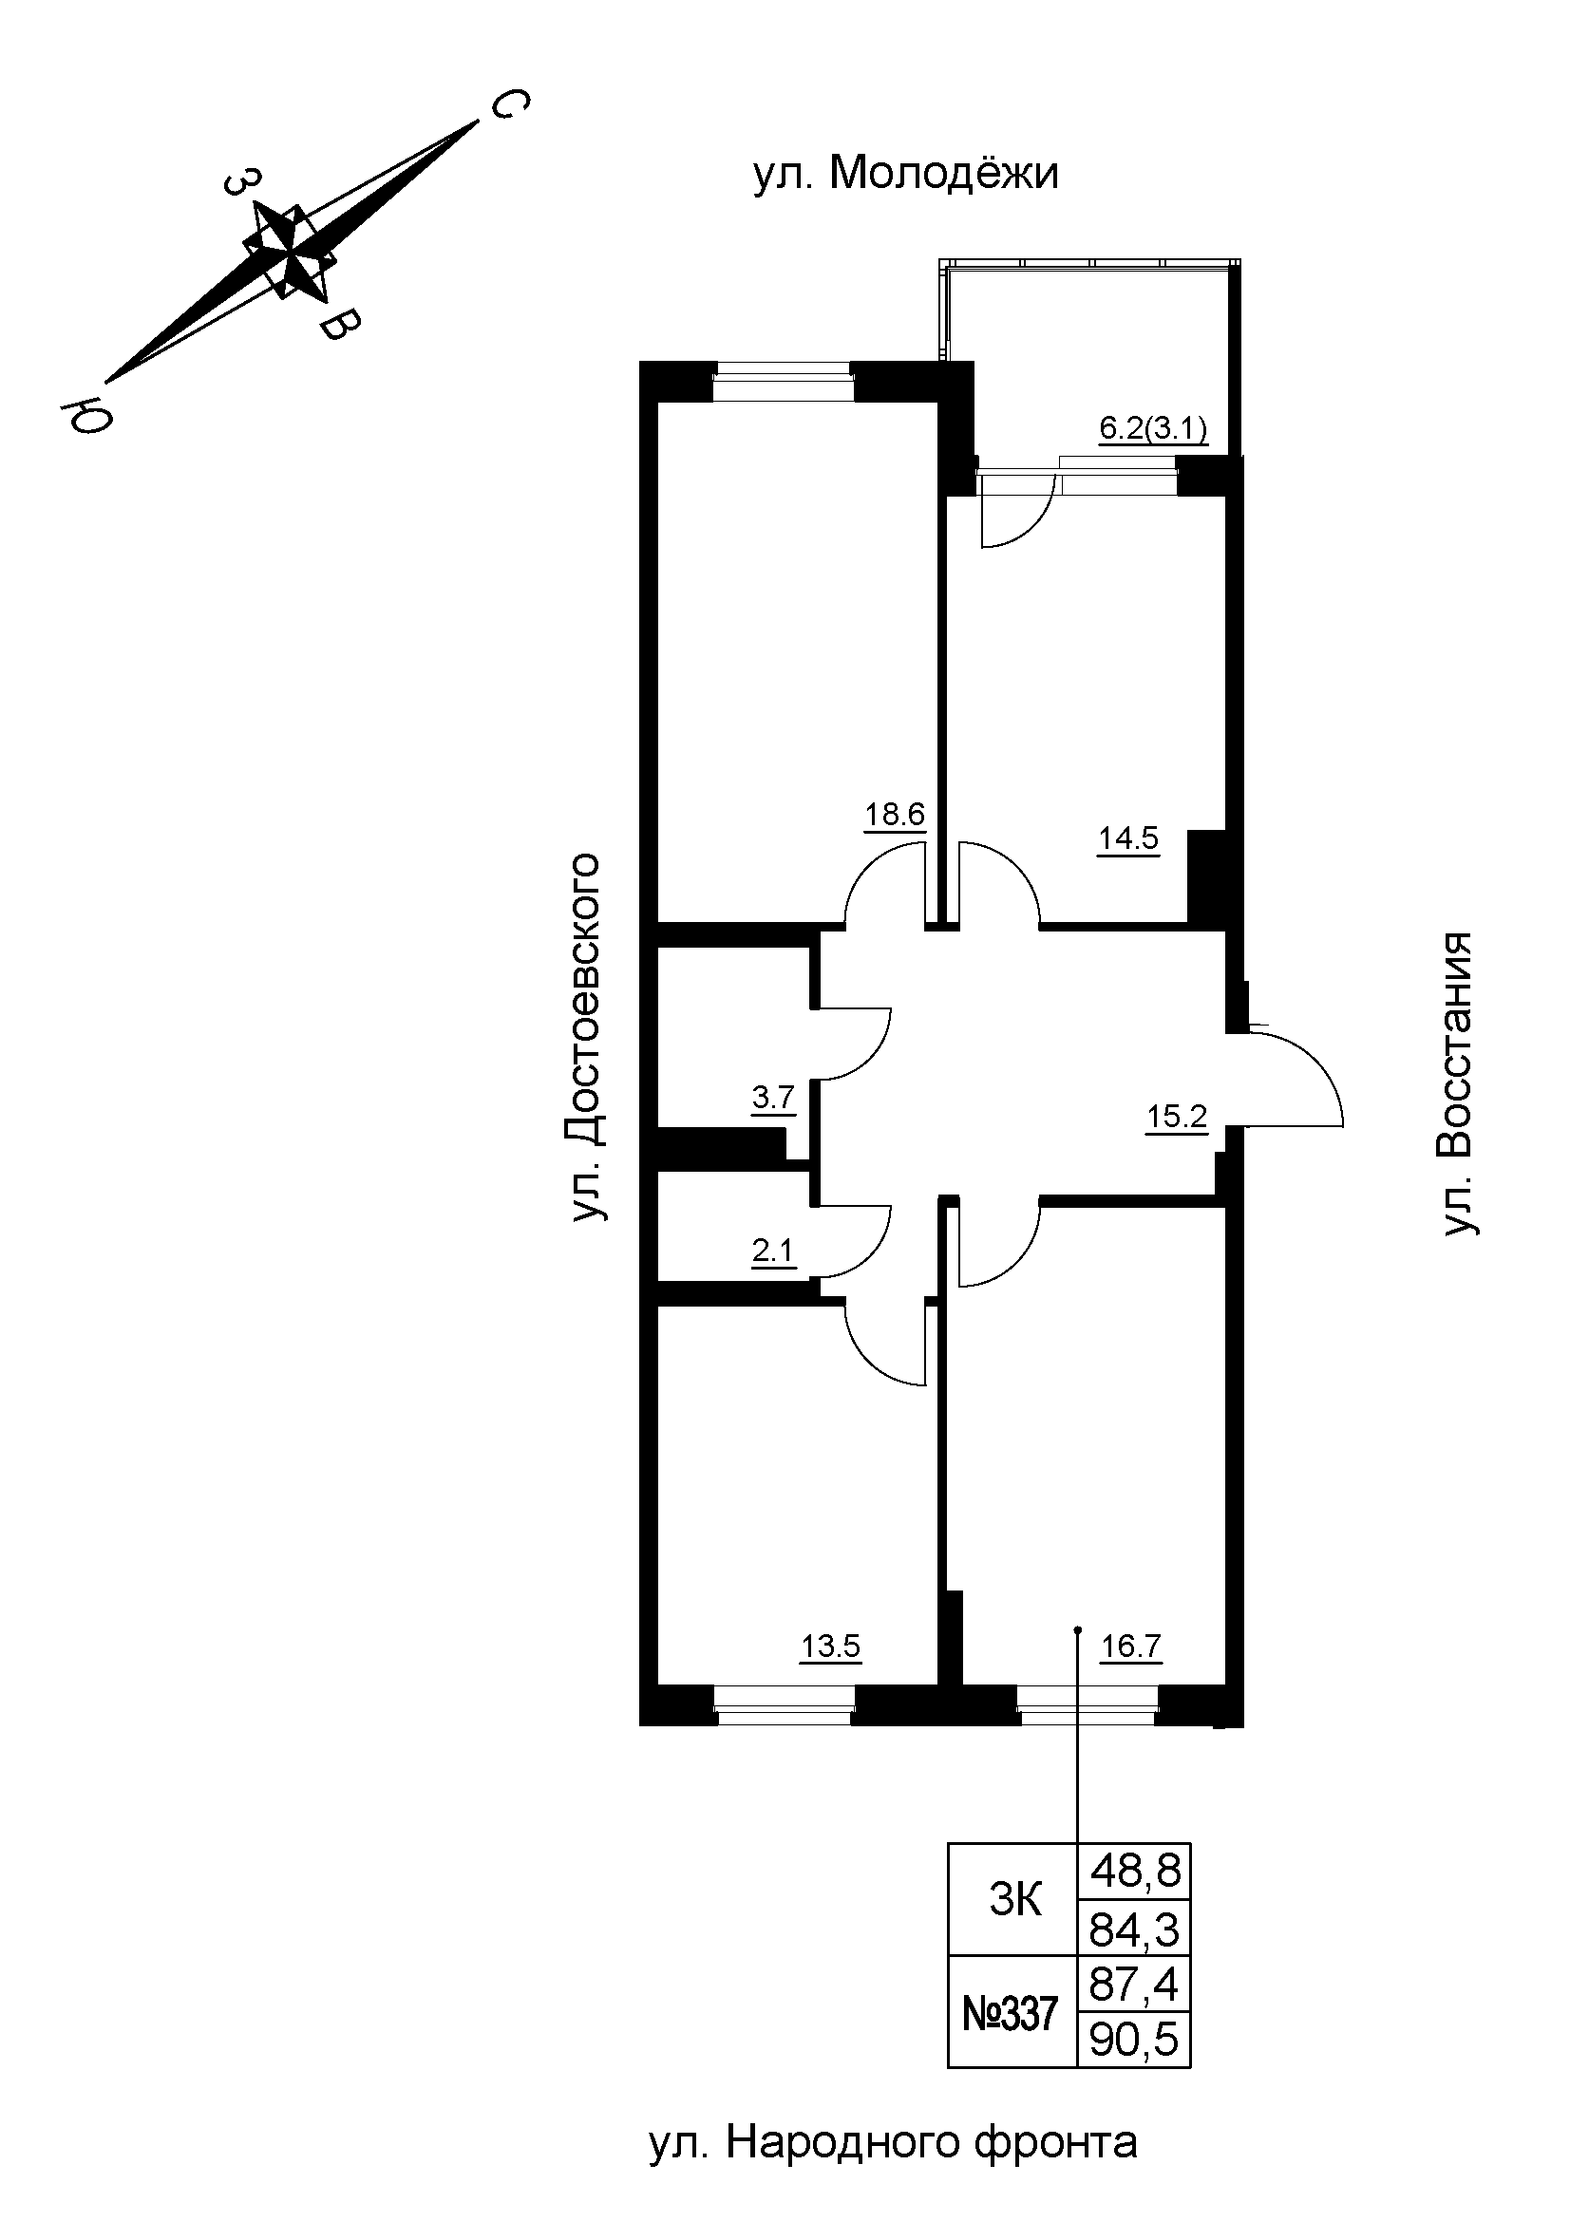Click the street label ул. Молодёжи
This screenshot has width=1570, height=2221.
tap(905, 175)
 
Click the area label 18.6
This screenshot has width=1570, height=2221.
tap(895, 816)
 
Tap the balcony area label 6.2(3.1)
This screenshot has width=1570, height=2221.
tap(1153, 428)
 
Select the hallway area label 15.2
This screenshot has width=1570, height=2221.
tap(1176, 1119)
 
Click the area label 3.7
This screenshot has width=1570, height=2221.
tap(773, 1098)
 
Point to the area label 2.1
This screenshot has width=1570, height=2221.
tap(773, 1252)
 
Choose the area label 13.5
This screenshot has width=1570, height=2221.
tap(830, 1646)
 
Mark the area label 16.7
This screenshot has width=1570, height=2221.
tap(1131, 1646)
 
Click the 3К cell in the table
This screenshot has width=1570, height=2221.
tap(1014, 1901)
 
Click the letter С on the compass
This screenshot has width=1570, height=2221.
tap(508, 104)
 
